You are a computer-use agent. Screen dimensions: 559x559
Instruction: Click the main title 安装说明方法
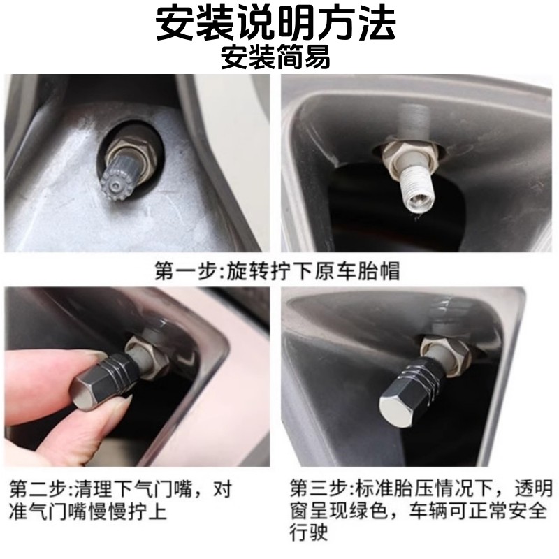click(275, 23)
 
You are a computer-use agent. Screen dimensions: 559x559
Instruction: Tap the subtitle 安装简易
click(275, 57)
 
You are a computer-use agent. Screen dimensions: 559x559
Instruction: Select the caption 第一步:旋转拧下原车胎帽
click(277, 271)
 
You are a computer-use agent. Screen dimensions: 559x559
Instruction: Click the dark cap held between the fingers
click(103, 379)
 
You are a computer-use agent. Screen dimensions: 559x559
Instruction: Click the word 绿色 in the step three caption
click(368, 511)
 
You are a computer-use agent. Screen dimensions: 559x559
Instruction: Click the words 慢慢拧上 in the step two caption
click(128, 512)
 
